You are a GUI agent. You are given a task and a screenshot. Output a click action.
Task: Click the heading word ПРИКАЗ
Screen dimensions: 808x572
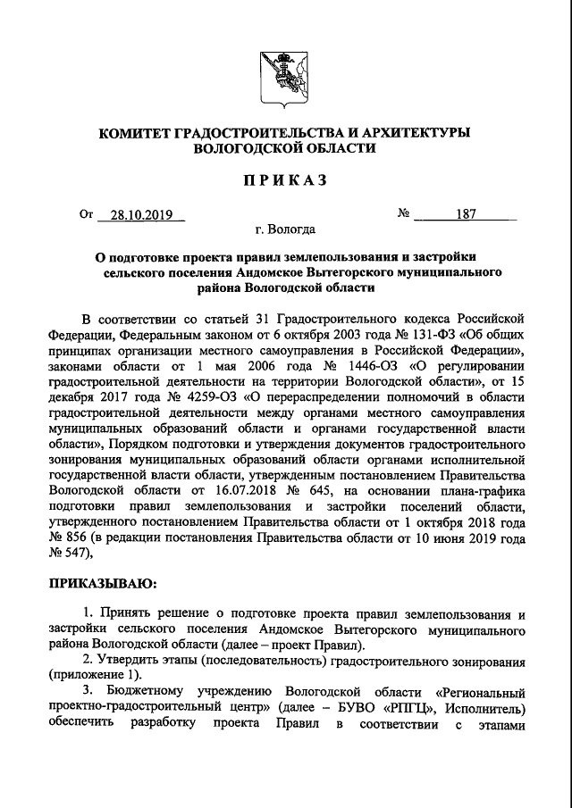(x=285, y=180)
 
